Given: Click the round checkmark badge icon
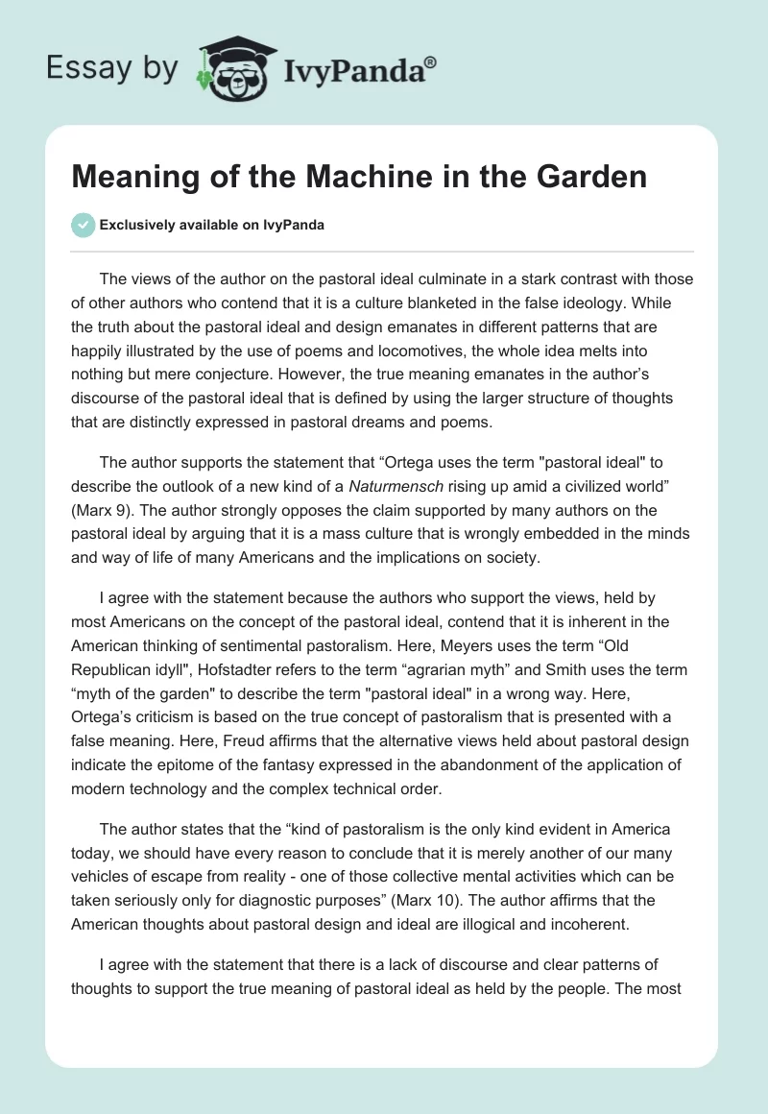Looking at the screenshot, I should (84, 225).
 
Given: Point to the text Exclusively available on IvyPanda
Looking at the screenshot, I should (212, 225).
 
